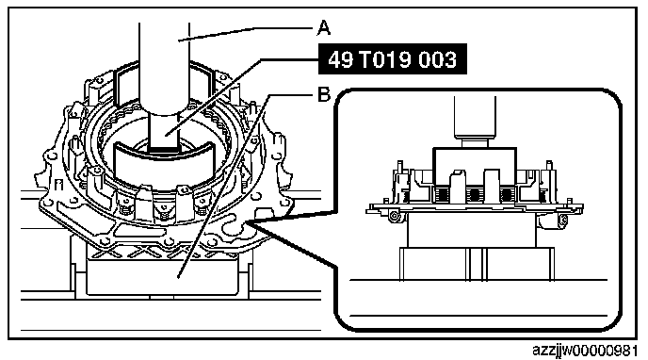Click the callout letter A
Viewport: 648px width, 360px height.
(324, 28)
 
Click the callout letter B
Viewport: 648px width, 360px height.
(324, 94)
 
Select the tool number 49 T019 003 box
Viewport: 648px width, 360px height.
(392, 59)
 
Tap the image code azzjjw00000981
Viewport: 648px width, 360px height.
(584, 351)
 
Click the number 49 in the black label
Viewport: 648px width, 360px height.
(341, 59)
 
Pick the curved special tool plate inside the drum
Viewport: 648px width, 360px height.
(164, 163)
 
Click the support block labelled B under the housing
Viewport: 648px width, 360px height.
(162, 275)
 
